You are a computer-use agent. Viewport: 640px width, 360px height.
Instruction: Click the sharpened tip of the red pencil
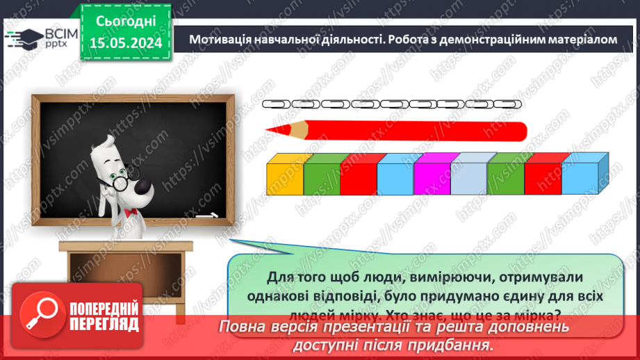[x=271, y=130]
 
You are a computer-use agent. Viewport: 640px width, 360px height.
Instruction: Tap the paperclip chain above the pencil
[x=392, y=104]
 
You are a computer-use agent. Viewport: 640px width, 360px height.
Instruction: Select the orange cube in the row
[x=285, y=177]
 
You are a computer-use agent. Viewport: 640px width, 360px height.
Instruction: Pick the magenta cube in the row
[x=432, y=177]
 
